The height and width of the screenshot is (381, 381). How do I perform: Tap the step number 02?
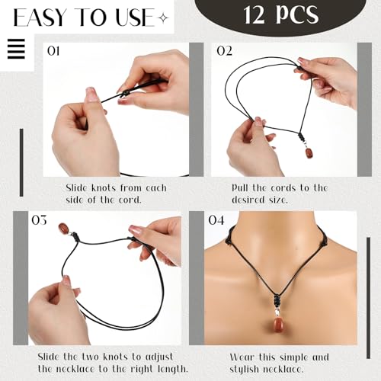tap(224, 52)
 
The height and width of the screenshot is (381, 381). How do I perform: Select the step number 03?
tap(40, 220)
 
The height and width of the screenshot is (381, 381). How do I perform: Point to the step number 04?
tap(216, 220)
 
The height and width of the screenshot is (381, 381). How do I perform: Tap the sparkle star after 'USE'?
tap(162, 17)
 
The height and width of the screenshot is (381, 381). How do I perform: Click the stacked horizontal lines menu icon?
tap(15, 50)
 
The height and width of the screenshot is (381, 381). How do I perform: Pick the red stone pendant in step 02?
tap(309, 152)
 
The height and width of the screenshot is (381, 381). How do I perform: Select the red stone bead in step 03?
tap(64, 228)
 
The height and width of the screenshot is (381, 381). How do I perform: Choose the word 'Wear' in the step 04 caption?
tap(245, 357)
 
